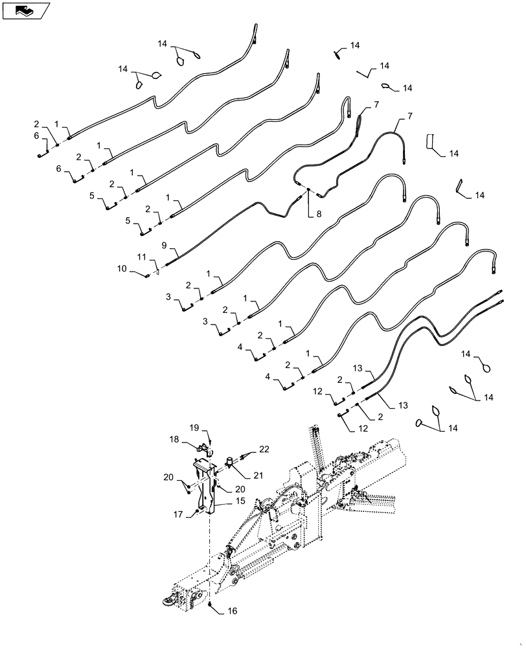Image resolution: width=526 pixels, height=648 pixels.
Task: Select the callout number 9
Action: click(164, 245)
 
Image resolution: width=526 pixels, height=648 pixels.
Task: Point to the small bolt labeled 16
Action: click(212, 604)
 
